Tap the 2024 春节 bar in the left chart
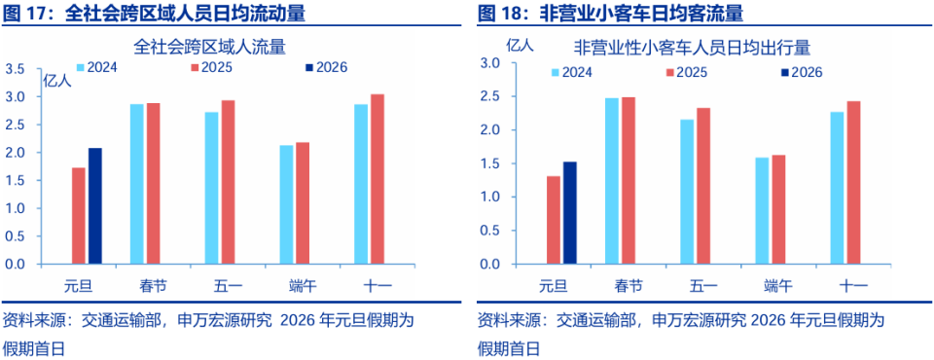[137, 184]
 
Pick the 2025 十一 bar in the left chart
[377, 179]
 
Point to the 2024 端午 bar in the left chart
[286, 204]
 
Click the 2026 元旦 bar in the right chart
[569, 213]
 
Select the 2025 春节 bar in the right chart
[628, 181]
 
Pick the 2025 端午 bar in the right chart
[778, 209]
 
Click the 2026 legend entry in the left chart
[325, 67]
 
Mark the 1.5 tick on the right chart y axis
[490, 163]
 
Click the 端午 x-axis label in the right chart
[778, 286]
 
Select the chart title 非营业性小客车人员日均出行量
[693, 46]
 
